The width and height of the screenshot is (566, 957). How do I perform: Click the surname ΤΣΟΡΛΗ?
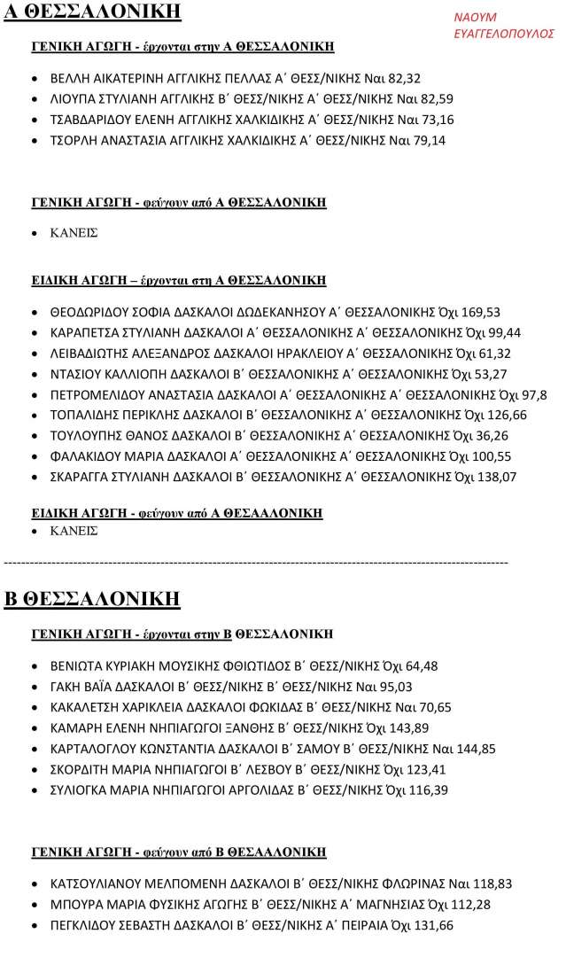click(75, 140)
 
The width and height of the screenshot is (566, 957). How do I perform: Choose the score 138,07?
click(498, 477)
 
